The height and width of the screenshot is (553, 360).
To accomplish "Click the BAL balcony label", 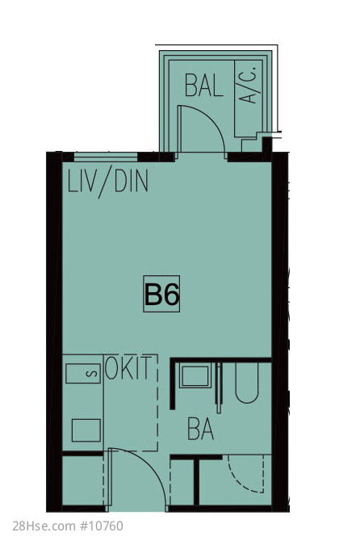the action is [x=203, y=86].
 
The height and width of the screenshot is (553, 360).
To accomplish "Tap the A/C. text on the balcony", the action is [x=249, y=85].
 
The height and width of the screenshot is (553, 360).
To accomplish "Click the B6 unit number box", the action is [x=161, y=294].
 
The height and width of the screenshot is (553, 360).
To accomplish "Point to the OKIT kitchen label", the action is [x=128, y=367].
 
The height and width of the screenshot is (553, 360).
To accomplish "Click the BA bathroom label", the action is [x=201, y=429].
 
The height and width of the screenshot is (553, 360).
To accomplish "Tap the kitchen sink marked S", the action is [x=83, y=373].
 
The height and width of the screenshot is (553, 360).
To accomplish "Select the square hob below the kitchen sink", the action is [x=86, y=430].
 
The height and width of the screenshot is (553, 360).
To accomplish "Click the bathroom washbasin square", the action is [x=195, y=376].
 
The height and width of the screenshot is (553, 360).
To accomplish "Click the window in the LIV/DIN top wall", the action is [x=106, y=157].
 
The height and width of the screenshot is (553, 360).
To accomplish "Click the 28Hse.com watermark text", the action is [x=44, y=526].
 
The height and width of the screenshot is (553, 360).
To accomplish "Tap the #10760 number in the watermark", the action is [x=102, y=526].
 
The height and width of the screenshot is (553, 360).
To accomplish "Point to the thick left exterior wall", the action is [x=54, y=332].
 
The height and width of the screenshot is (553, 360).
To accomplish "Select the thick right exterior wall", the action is [x=280, y=332].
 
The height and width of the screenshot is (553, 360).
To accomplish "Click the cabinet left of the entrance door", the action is [x=83, y=480].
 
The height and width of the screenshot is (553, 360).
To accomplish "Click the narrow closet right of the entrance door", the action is [x=182, y=482].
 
